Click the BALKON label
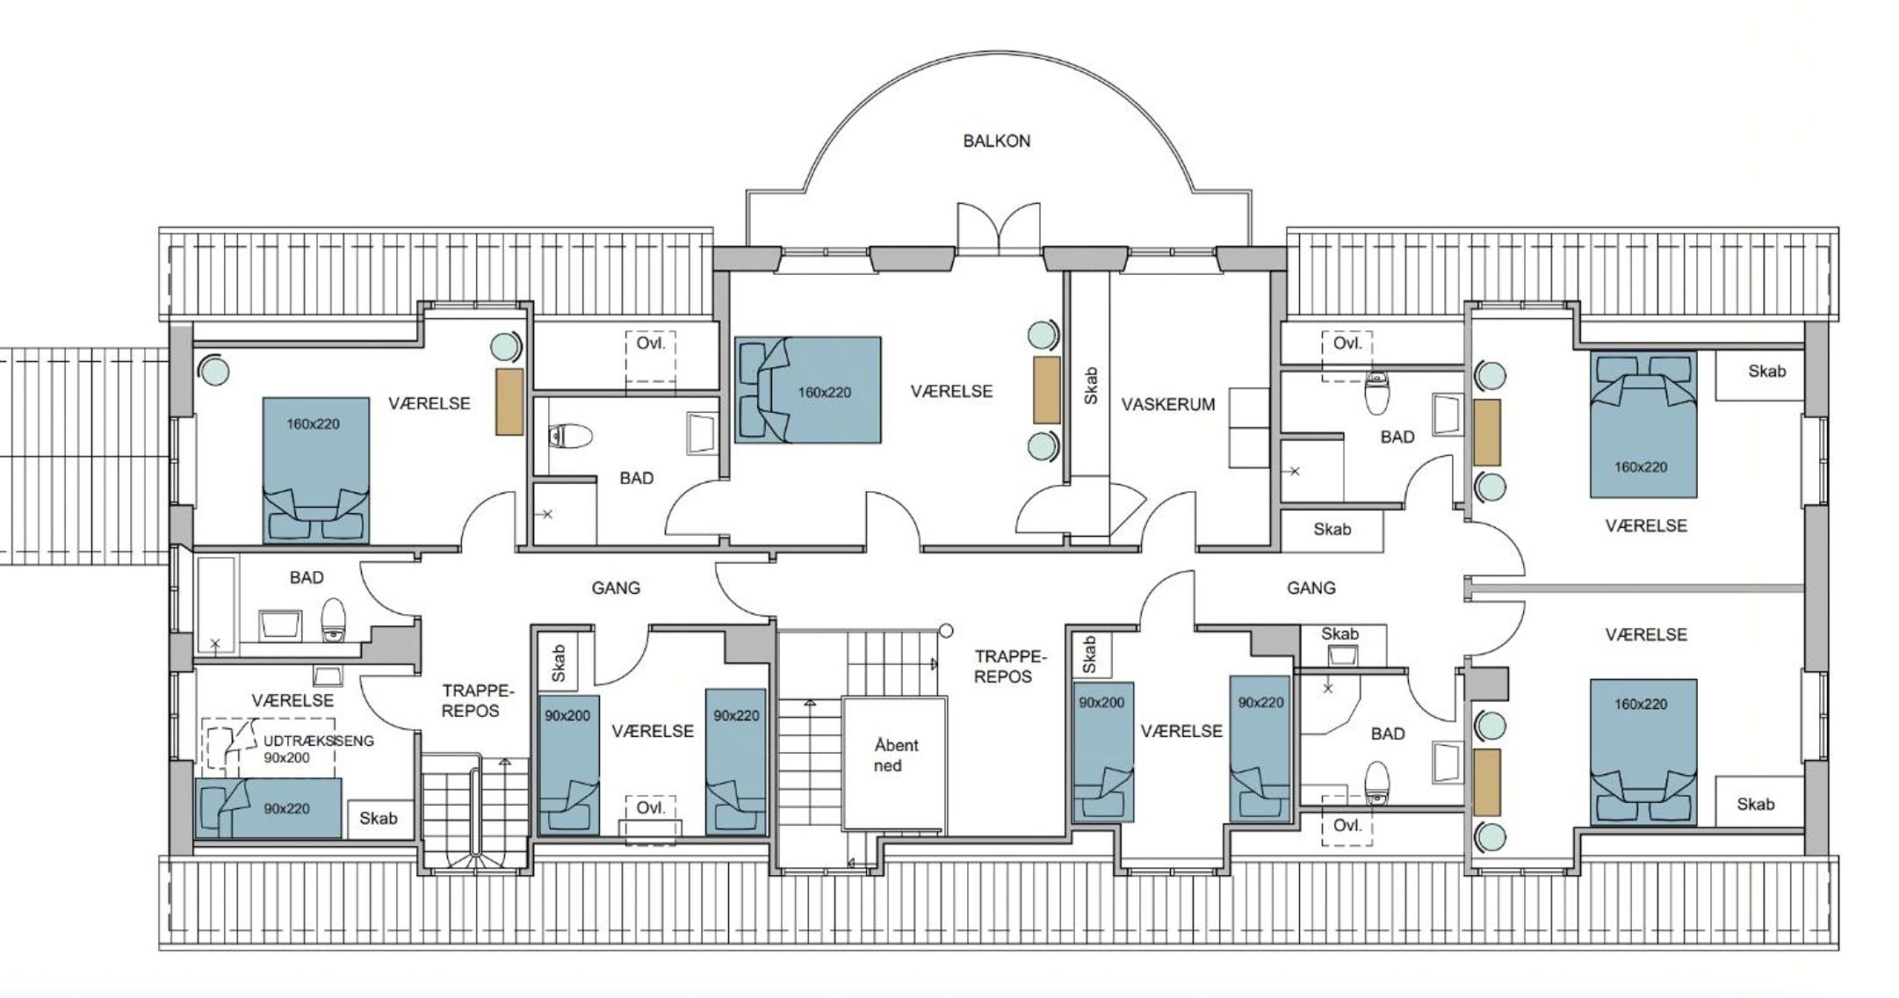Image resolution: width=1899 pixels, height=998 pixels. pyautogui.click(x=996, y=141)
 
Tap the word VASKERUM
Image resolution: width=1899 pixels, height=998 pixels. pyautogui.click(x=1168, y=404)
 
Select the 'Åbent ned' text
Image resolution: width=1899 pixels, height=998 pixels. pyautogui.click(x=896, y=756)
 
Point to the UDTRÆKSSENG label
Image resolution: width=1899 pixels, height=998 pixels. pyautogui.click(x=319, y=741)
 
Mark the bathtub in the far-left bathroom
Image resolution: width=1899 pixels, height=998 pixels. pyautogui.click(x=216, y=604)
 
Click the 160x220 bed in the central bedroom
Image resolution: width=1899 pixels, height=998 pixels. pyautogui.click(x=808, y=390)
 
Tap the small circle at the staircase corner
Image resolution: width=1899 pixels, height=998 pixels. pyautogui.click(x=946, y=630)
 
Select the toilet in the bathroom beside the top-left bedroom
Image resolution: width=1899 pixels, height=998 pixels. pyautogui.click(x=570, y=436)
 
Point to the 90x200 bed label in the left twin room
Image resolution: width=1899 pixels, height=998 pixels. pyautogui.click(x=567, y=716)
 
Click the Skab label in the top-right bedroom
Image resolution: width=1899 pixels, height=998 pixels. pyautogui.click(x=1766, y=371)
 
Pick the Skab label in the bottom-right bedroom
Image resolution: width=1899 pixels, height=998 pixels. pyautogui.click(x=1755, y=804)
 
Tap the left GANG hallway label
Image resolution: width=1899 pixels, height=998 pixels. pyautogui.click(x=615, y=588)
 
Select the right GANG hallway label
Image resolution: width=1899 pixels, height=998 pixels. pyautogui.click(x=1311, y=588)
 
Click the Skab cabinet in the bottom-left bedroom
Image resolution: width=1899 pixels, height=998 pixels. pyautogui.click(x=379, y=819)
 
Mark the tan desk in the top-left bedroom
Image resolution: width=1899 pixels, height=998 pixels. pyautogui.click(x=509, y=401)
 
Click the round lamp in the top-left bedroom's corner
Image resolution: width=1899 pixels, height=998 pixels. pyautogui.click(x=213, y=371)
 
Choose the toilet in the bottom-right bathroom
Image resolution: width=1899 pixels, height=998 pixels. pyautogui.click(x=1377, y=782)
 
